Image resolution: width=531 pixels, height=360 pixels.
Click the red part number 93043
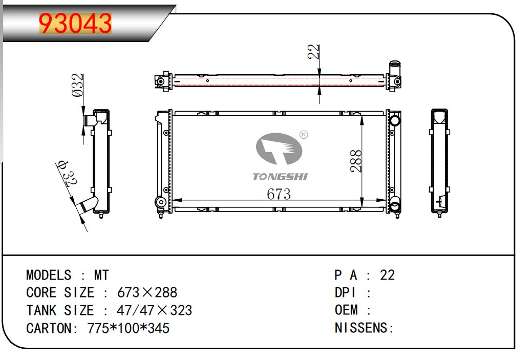pos(75,24)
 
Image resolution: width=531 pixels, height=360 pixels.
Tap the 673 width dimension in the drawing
pos(279,194)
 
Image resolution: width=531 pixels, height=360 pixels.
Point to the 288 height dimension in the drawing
pos(356,161)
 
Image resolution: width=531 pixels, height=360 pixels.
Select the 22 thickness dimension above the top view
pos(313,52)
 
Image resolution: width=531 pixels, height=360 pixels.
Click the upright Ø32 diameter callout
pos(77,85)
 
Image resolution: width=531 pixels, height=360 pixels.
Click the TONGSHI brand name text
pos(280,177)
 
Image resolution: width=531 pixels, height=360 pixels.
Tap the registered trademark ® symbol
pos(304,135)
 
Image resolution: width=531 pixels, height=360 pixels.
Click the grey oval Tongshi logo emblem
pos(279,149)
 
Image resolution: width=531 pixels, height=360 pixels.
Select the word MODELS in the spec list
pos(49,275)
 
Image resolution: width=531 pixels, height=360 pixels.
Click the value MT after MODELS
pos(101,275)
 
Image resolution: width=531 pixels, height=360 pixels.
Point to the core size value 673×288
pos(147,292)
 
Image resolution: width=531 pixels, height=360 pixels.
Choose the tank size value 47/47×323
pos(155,310)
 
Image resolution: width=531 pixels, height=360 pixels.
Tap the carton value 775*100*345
pos(129,328)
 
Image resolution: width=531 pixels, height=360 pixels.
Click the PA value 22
pos(388,275)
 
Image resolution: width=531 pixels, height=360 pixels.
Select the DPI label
pos(345,292)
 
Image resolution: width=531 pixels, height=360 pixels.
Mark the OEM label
pos(346,310)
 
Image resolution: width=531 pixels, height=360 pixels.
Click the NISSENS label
pos(361,328)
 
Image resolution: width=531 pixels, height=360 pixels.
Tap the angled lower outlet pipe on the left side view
pos(88,205)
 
